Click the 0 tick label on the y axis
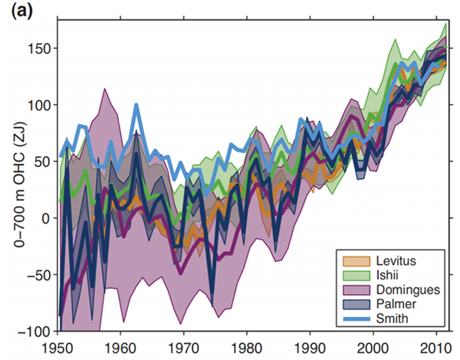pyautogui.click(x=47, y=218)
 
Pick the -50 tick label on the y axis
pyautogui.click(x=40, y=275)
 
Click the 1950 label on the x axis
pyautogui.click(x=58, y=348)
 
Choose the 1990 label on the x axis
pyautogui.click(x=310, y=348)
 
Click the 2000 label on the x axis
pyautogui.click(x=373, y=348)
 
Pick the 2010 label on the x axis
pyautogui.click(x=435, y=348)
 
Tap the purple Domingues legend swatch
pyautogui.click(x=354, y=290)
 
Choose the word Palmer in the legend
pyautogui.click(x=392, y=304)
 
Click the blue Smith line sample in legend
pyautogui.click(x=354, y=318)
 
